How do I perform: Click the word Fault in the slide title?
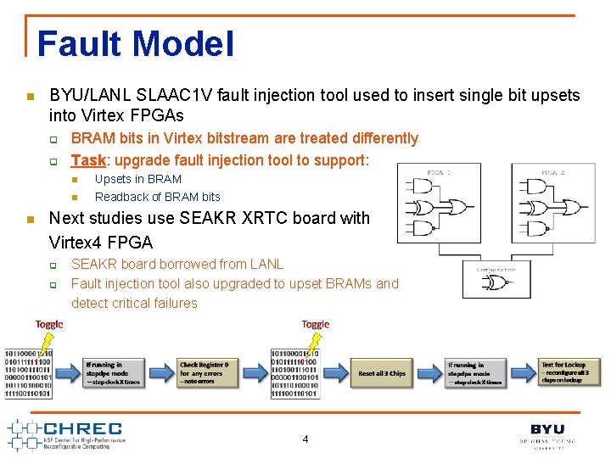(x=77, y=44)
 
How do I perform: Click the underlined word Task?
(x=88, y=159)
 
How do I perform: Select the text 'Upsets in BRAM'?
(x=138, y=179)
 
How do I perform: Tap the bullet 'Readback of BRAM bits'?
(x=158, y=197)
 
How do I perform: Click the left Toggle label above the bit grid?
(x=49, y=324)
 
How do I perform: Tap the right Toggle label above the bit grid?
(x=315, y=324)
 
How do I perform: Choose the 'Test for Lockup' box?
(x=569, y=371)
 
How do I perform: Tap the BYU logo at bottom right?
(x=547, y=431)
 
